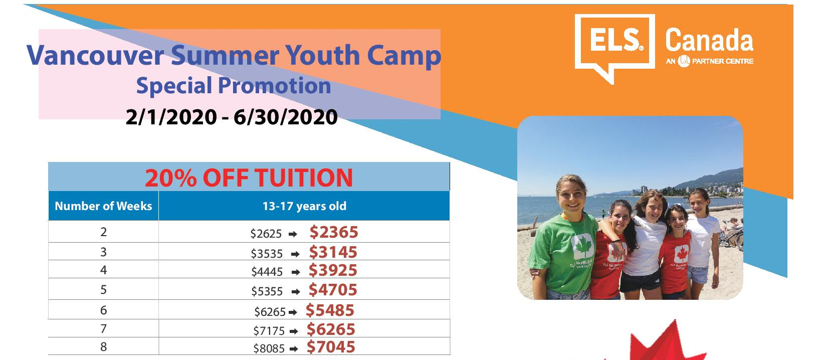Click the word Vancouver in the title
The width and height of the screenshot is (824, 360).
tap(95, 55)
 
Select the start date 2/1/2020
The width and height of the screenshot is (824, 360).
tap(171, 117)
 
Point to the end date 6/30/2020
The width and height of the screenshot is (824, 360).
tap(286, 117)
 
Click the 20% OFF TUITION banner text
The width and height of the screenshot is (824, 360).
tap(249, 178)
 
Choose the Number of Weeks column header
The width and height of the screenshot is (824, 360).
tap(103, 206)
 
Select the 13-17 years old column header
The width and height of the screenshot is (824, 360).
tap(304, 206)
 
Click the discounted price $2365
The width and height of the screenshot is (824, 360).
tap(334, 232)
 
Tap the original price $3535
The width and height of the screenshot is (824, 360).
tap(267, 254)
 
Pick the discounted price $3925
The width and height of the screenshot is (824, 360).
tap(333, 270)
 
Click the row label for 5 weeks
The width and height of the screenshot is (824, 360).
tap(103, 290)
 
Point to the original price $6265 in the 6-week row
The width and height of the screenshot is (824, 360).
tap(270, 312)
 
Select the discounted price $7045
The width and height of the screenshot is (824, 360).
tap(331, 347)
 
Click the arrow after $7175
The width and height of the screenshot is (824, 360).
tap(294, 331)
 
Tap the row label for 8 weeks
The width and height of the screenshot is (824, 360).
tap(103, 347)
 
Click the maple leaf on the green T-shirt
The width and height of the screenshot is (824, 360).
tap(583, 246)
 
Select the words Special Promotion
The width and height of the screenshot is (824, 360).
tap(234, 86)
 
